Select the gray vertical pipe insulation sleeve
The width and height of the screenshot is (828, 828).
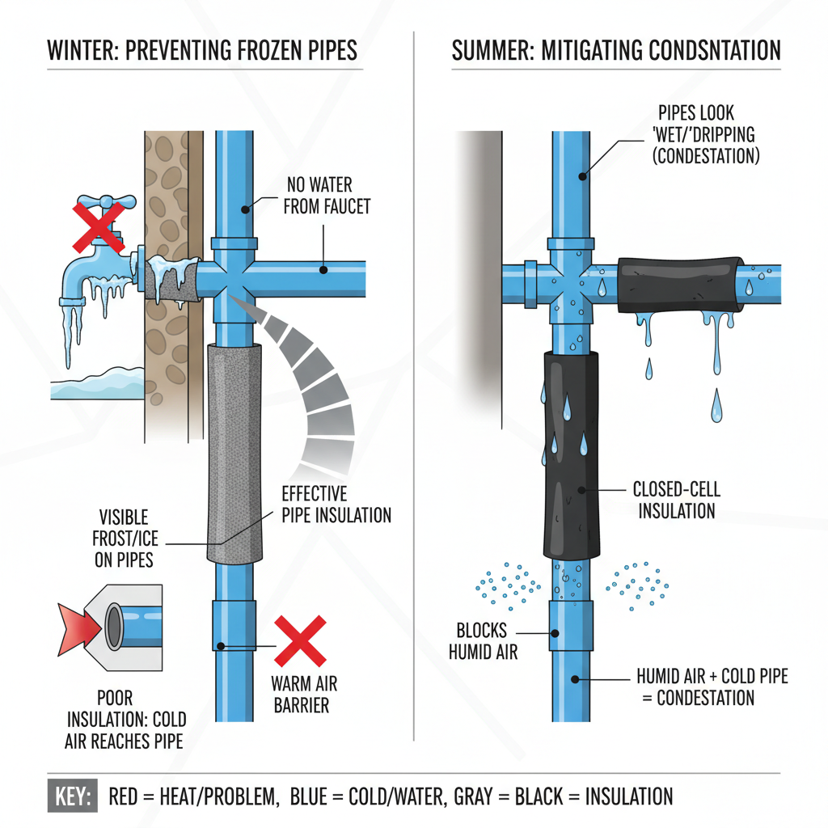tap(235, 453)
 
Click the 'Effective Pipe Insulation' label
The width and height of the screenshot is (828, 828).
tap(336, 504)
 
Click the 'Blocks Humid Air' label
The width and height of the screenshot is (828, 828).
tap(482, 640)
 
